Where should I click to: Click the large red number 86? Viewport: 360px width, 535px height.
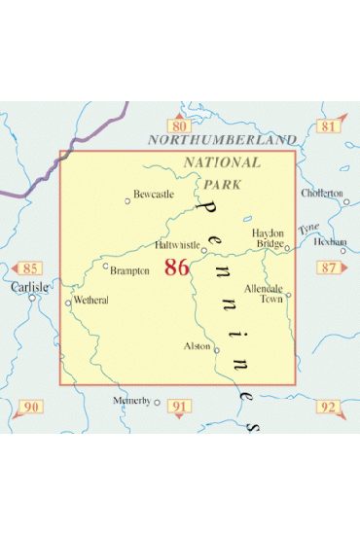click(x=177, y=267)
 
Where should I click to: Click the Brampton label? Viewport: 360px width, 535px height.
click(x=129, y=270)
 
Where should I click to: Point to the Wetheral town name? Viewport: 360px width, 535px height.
click(x=90, y=301)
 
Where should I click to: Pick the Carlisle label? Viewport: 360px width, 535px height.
click(x=30, y=287)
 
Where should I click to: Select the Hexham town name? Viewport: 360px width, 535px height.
click(x=329, y=239)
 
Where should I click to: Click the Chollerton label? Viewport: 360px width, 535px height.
click(x=323, y=193)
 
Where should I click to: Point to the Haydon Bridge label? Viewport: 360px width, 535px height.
click(x=269, y=238)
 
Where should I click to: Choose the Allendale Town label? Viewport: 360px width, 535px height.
click(x=263, y=294)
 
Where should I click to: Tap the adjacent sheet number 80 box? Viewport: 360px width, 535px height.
click(x=177, y=126)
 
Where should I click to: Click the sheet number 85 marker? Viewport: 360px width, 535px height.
click(x=30, y=267)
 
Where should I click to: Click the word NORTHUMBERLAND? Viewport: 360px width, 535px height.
click(x=222, y=141)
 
